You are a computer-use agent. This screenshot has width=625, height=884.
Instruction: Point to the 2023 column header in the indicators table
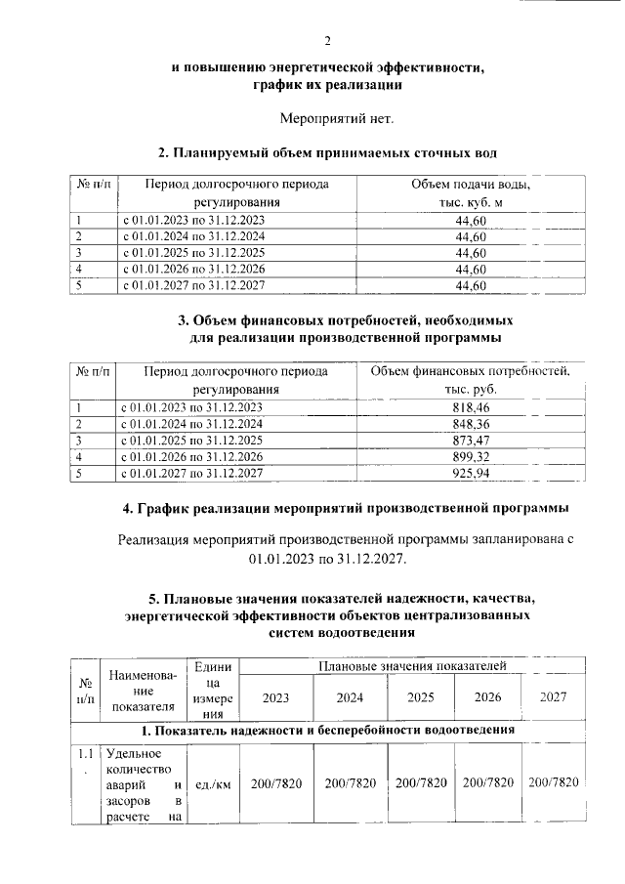[x=275, y=698]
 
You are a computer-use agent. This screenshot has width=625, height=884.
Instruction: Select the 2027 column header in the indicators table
[x=553, y=698]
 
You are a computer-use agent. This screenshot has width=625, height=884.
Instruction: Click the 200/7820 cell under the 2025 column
[x=421, y=783]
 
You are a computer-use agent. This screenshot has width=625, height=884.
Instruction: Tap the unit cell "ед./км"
[x=212, y=783]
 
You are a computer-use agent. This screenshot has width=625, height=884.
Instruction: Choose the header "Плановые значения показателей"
[x=413, y=665]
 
